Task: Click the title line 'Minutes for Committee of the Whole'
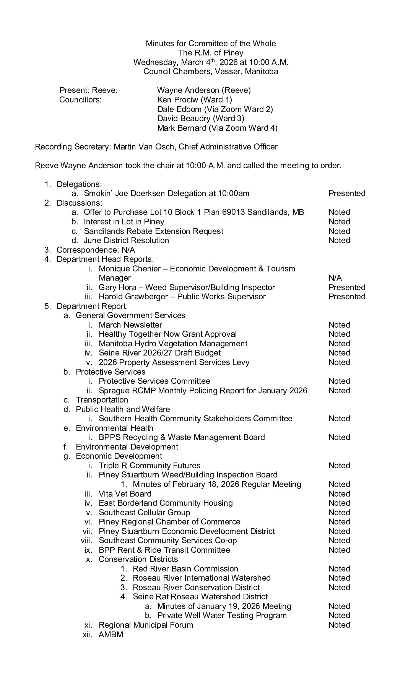[211, 44]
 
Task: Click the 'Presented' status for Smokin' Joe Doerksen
[347, 193]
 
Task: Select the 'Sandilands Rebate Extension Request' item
[153, 231]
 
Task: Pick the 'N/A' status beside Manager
[335, 278]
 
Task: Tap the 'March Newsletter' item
[130, 325]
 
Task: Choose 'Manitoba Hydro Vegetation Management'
[173, 344]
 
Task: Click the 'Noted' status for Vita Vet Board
[339, 494]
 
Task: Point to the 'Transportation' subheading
[102, 400]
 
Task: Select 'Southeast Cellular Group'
[144, 513]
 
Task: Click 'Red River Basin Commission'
[185, 569]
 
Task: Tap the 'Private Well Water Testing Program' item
[222, 615]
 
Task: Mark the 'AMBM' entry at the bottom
[111, 635]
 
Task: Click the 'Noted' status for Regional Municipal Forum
[339, 625]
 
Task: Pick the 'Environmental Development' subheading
[127, 447]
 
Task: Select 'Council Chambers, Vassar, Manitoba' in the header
[211, 71]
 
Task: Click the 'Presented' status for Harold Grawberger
[347, 297]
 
